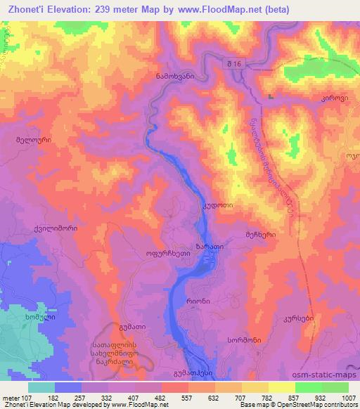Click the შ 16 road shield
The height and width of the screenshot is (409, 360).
tap(234, 63)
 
